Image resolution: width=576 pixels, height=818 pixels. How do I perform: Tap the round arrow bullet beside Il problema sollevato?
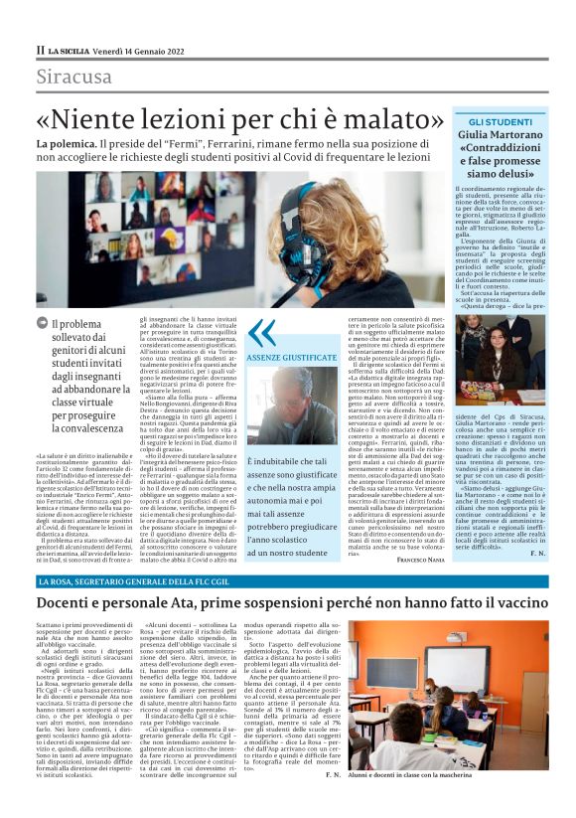(x=43, y=323)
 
